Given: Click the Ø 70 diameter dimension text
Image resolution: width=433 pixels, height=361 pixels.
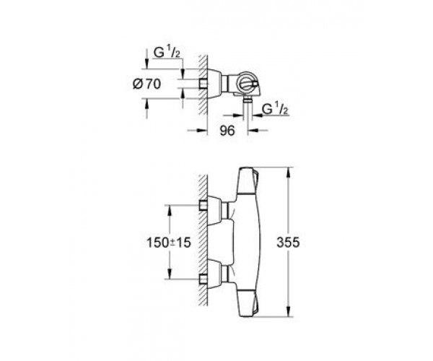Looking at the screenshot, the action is [x=146, y=84].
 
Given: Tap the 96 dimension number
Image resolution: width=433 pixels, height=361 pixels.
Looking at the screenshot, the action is [x=227, y=131].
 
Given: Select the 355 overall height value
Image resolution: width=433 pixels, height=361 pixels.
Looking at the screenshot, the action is [x=288, y=243].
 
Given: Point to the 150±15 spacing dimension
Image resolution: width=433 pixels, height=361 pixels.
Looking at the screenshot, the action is [x=169, y=243].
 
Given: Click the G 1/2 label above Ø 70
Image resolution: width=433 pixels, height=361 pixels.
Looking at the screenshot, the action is [x=167, y=52].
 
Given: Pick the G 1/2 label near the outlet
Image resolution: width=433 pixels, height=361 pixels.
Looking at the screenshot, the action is [x=275, y=109].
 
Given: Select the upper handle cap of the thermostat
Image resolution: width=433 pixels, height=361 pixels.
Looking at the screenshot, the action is [x=248, y=181].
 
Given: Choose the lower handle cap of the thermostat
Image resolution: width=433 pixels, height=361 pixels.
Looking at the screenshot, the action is [x=248, y=303].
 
